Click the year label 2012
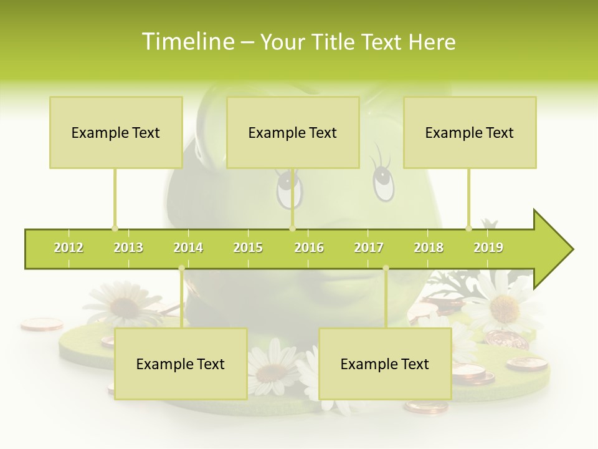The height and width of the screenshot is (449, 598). pyautogui.click(x=69, y=248)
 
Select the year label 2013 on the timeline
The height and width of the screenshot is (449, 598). pyautogui.click(x=128, y=248)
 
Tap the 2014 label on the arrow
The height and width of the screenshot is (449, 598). pyautogui.click(x=188, y=248)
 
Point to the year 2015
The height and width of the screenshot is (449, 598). pyautogui.click(x=248, y=248)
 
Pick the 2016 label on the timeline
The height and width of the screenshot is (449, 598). pyautogui.click(x=309, y=248)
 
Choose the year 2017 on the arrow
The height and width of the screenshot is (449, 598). pyautogui.click(x=369, y=248)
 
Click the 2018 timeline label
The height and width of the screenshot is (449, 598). pyautogui.click(x=429, y=248)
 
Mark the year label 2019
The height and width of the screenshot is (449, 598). pyautogui.click(x=488, y=248)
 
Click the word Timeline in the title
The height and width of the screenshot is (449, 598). pyautogui.click(x=187, y=42)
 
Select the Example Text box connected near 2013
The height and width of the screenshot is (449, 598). pyautogui.click(x=116, y=132)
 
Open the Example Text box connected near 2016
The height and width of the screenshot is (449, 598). pyautogui.click(x=293, y=132)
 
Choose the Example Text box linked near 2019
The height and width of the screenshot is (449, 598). pyautogui.click(x=470, y=132)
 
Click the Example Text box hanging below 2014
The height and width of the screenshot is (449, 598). pyautogui.click(x=181, y=364)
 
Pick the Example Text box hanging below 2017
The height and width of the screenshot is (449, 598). pyautogui.click(x=385, y=364)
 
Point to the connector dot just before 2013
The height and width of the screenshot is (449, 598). pyautogui.click(x=115, y=228)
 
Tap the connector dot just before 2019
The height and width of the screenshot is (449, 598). pyautogui.click(x=468, y=228)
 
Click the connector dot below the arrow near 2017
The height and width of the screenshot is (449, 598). pyautogui.click(x=386, y=268)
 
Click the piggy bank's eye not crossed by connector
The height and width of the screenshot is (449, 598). pyautogui.click(x=383, y=181)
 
